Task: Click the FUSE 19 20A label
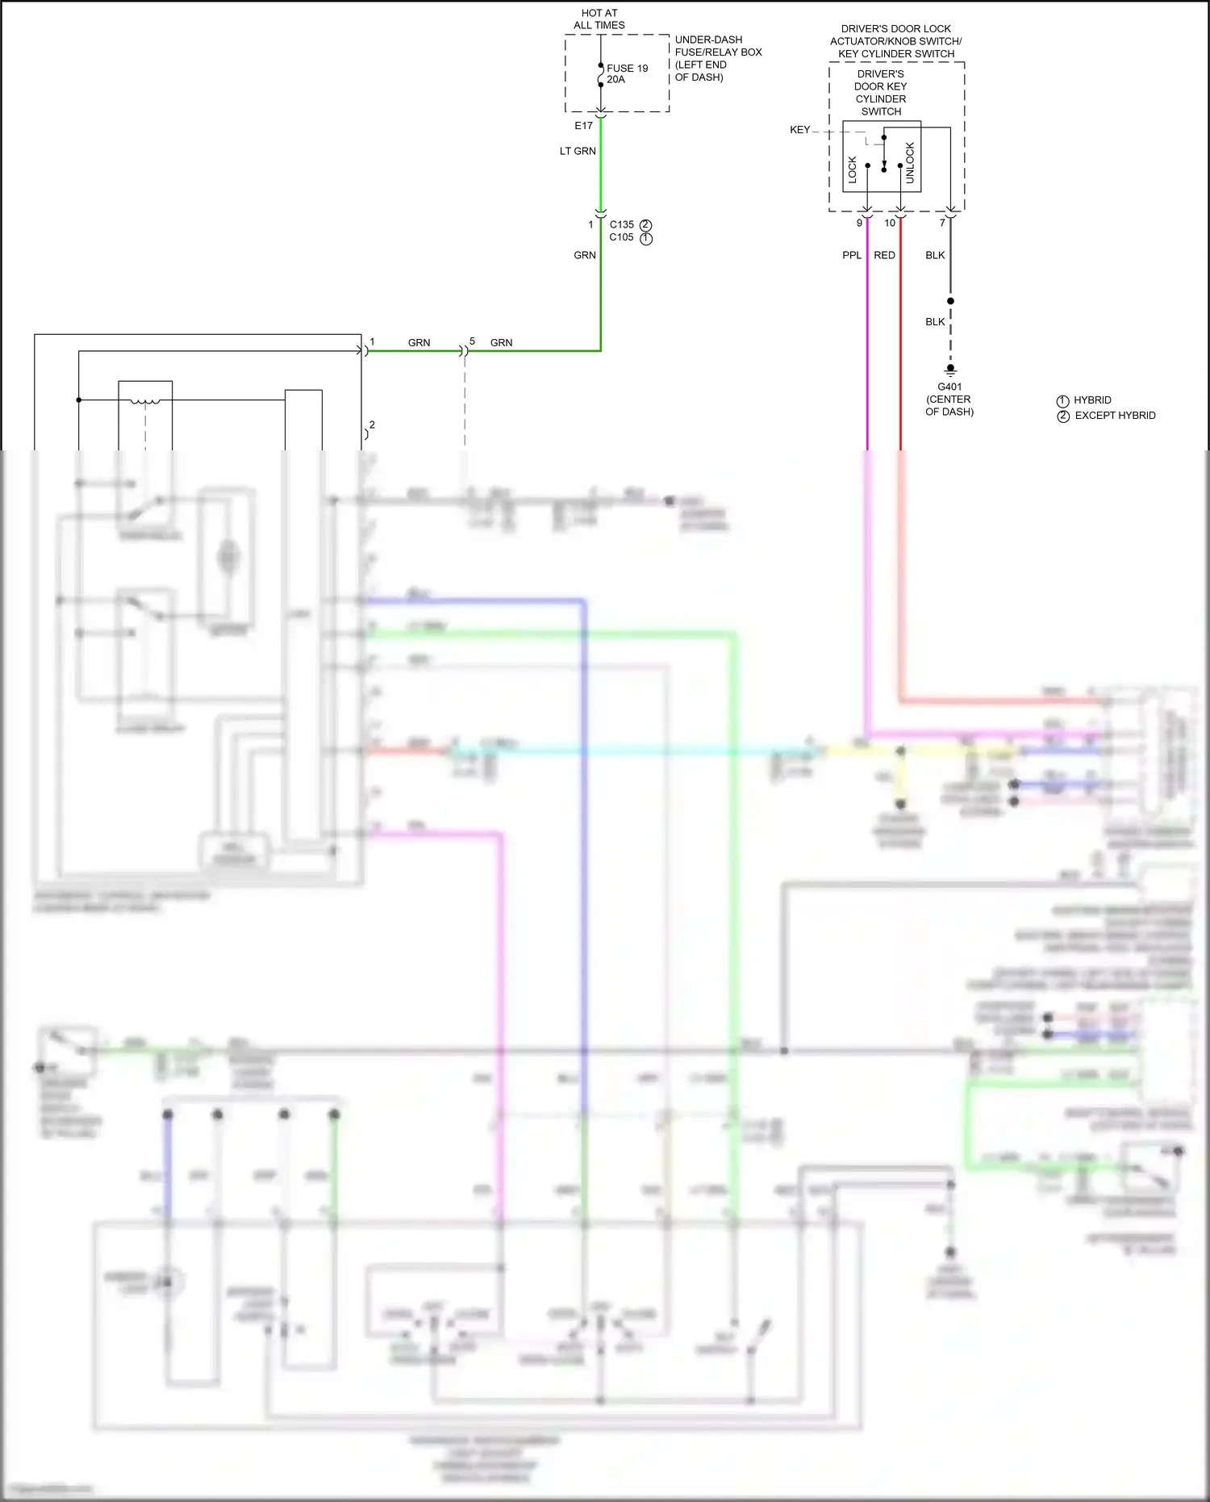[x=627, y=73]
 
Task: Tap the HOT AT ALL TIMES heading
[x=599, y=19]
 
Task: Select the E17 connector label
[x=583, y=126]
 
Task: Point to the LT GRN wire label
[x=578, y=151]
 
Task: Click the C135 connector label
[x=622, y=224]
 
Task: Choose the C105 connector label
[x=622, y=237]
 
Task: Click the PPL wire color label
[x=852, y=255]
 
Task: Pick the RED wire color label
[x=884, y=255]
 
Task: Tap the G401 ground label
[x=949, y=387]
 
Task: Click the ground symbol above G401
[x=950, y=370]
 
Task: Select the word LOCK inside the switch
[x=853, y=169]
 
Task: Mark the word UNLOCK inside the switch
[x=910, y=163]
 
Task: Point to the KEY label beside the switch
[x=799, y=130]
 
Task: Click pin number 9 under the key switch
[x=859, y=224]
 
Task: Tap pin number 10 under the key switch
[x=890, y=224]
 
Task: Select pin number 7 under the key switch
[x=942, y=224]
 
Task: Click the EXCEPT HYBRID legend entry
[x=1115, y=416]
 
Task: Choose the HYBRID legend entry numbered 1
[x=1092, y=400]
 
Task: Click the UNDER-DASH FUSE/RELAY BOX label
[x=718, y=58]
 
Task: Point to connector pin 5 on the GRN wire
[x=472, y=341]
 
